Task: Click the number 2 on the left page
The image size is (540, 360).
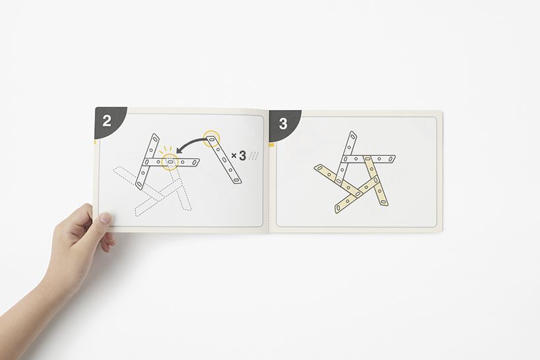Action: click(107, 121)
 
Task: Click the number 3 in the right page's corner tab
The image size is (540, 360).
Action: click(283, 124)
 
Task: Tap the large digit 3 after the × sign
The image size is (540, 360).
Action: click(242, 155)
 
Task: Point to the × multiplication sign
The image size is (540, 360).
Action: click(234, 156)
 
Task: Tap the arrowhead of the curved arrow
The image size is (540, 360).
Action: click(178, 151)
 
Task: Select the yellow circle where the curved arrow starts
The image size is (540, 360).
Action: click(211, 138)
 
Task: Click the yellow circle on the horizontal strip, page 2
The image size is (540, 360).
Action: click(170, 161)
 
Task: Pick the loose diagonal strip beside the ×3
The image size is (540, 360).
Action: click(224, 160)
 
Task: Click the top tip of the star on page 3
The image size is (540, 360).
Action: click(352, 132)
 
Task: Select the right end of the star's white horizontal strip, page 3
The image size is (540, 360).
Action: click(394, 158)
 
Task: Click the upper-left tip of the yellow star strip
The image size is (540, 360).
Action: click(316, 168)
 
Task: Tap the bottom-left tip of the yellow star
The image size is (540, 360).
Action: click(337, 209)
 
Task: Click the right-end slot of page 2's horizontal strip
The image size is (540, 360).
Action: click(196, 162)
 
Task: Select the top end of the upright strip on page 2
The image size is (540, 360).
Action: click(155, 136)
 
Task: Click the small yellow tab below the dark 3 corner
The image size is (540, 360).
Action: click(271, 145)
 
